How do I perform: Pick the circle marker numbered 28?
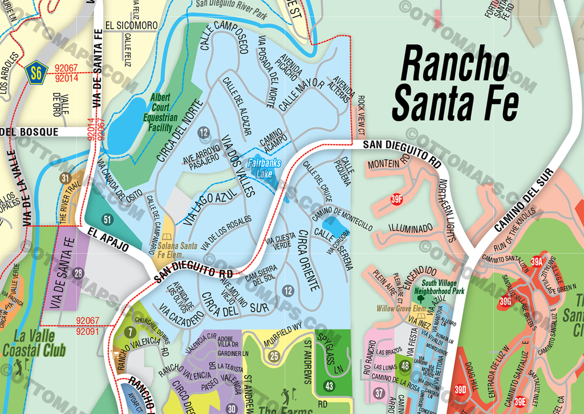coord(78,273)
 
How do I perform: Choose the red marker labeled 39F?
coord(397,199)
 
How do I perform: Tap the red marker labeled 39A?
coord(536,262)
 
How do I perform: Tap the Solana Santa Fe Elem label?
coord(177,250)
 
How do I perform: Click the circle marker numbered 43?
coord(329,386)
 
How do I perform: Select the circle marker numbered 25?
coord(274,357)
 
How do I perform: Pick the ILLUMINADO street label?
coord(410,228)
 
